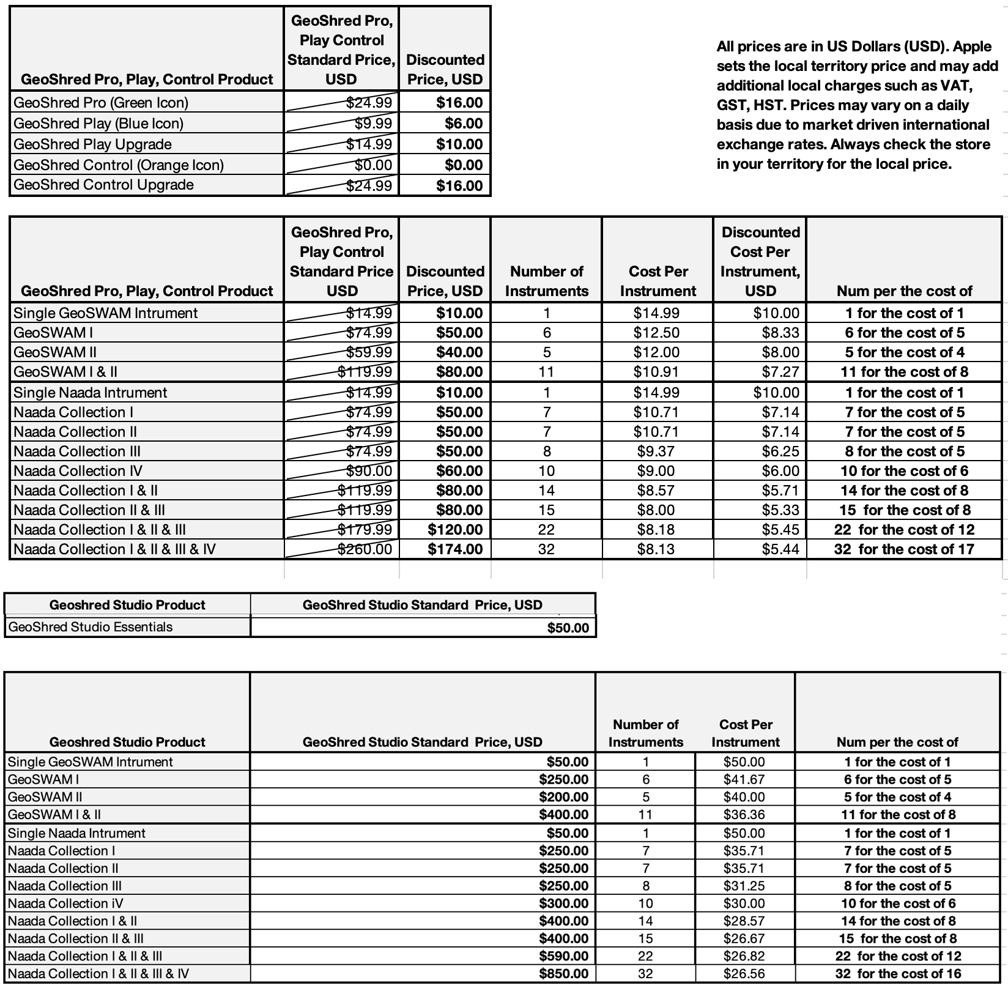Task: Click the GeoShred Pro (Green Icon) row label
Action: click(101, 103)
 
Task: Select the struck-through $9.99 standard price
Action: click(372, 124)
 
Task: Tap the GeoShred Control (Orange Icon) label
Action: click(119, 165)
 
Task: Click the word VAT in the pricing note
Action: click(955, 86)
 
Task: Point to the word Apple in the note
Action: click(972, 46)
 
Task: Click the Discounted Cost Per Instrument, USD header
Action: click(760, 261)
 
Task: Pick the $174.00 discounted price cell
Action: click(455, 549)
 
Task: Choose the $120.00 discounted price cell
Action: click(455, 530)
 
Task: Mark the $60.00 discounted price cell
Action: click(459, 471)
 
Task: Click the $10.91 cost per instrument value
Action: click(656, 372)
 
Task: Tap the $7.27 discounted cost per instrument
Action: click(780, 372)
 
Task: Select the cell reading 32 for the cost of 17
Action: click(904, 549)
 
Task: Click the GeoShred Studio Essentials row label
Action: click(91, 627)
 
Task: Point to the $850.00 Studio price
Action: click(563, 974)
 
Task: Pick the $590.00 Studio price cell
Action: click(563, 956)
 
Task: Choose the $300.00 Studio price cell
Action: click(563, 904)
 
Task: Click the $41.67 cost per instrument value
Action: click(744, 779)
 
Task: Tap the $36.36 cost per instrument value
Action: click(744, 815)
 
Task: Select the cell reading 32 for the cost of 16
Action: click(898, 974)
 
